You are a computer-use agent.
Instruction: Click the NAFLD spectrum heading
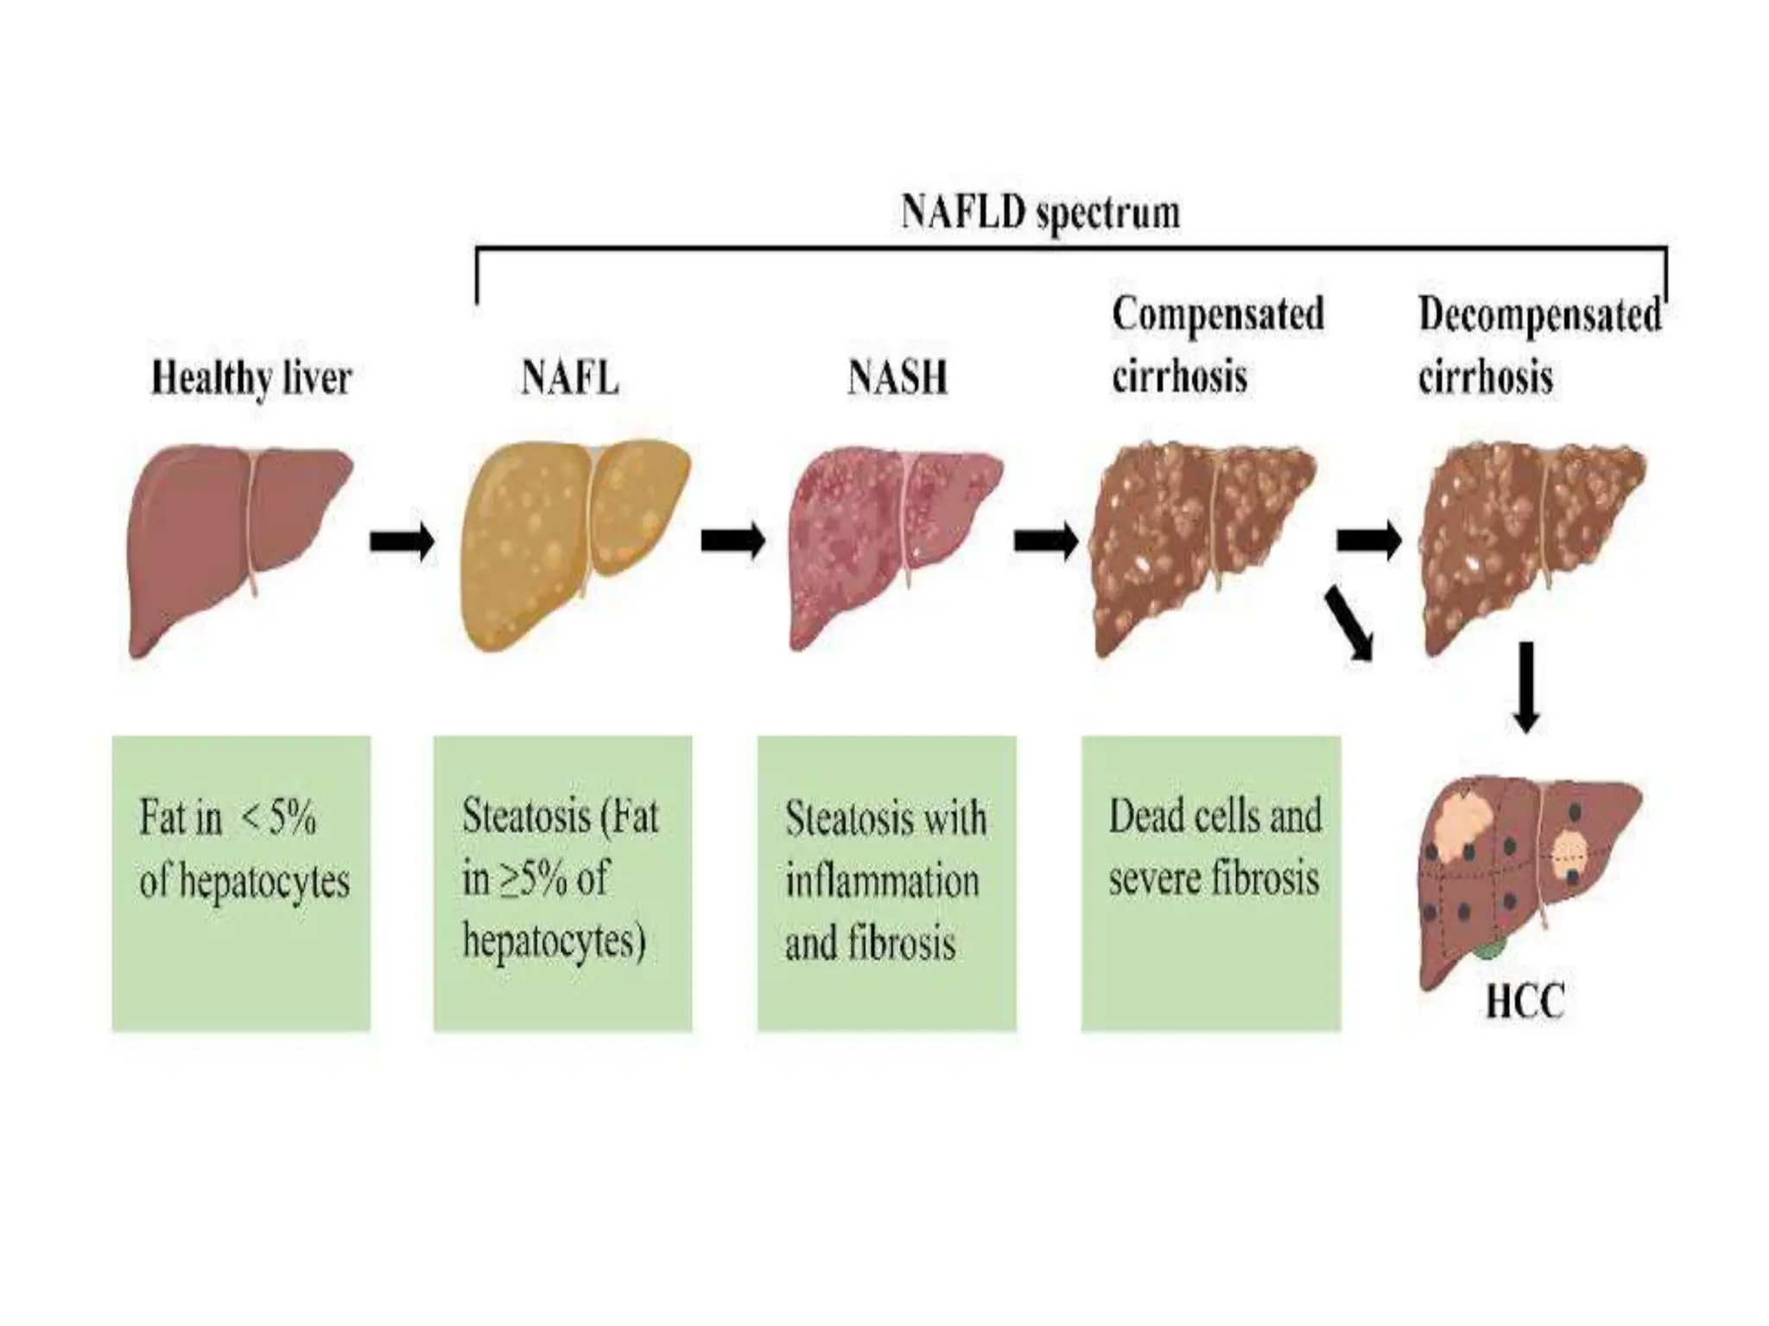[x=1040, y=212]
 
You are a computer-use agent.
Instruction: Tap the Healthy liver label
[x=251, y=378]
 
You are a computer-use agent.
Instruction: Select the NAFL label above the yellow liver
[x=570, y=378]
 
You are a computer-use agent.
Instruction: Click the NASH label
[x=897, y=378]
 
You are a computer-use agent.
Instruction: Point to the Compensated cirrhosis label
[x=1216, y=345]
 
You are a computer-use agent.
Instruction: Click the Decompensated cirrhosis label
[x=1539, y=345]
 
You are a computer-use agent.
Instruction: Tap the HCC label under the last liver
[x=1525, y=1002]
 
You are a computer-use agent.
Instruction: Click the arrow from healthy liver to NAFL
[x=402, y=541]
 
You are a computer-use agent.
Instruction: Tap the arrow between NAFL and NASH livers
[x=732, y=541]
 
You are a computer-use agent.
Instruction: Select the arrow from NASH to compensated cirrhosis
[x=1045, y=541]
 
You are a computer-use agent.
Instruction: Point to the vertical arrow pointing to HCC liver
[x=1526, y=686]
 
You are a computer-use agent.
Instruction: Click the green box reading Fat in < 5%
[x=241, y=882]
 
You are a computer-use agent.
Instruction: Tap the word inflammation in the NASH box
[x=882, y=881]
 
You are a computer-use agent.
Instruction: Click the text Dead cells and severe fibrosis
[x=1214, y=848]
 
